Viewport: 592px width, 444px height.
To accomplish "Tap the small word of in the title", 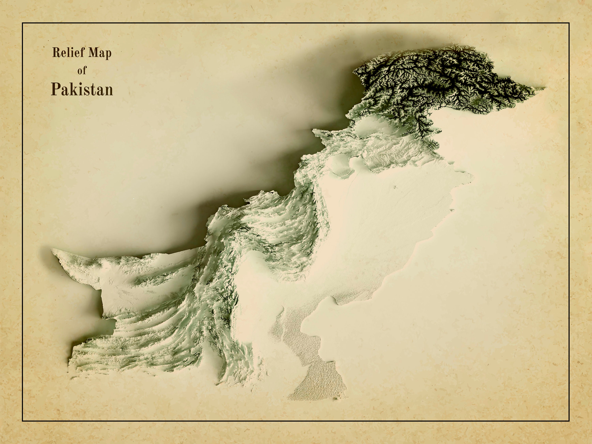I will click(82, 71).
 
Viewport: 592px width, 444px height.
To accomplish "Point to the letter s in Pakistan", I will click(85, 91).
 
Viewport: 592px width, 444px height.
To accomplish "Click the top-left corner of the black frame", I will click(22, 23).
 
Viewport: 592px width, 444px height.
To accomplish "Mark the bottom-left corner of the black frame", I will click(22, 421).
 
